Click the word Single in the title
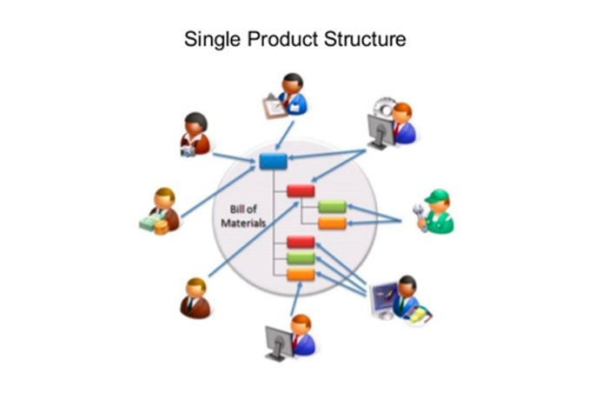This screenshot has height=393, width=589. click(208, 40)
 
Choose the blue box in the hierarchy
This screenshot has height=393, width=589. click(273, 161)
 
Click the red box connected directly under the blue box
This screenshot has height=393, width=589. click(301, 190)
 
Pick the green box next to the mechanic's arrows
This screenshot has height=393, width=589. click(332, 207)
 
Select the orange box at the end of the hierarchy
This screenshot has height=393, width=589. click(301, 275)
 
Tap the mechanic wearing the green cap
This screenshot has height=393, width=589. click(438, 210)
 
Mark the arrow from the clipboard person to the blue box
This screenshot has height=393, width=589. click(282, 136)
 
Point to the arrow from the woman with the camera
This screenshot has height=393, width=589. click(235, 157)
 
